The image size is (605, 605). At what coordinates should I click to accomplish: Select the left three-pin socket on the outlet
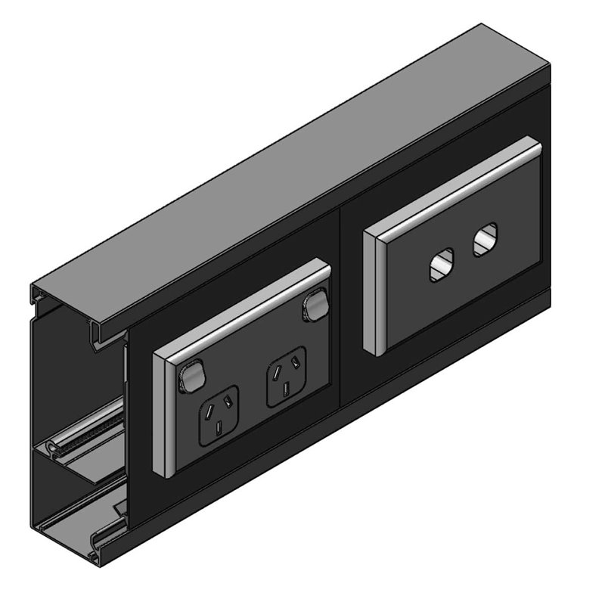click(218, 415)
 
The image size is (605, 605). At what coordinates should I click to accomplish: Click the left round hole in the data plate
click(440, 266)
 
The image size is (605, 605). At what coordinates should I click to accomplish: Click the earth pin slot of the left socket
click(219, 430)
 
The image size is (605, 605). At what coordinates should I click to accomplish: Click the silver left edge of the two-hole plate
click(371, 294)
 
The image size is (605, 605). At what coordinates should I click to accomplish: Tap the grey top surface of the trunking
click(302, 166)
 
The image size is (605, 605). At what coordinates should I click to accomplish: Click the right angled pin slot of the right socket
click(295, 368)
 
